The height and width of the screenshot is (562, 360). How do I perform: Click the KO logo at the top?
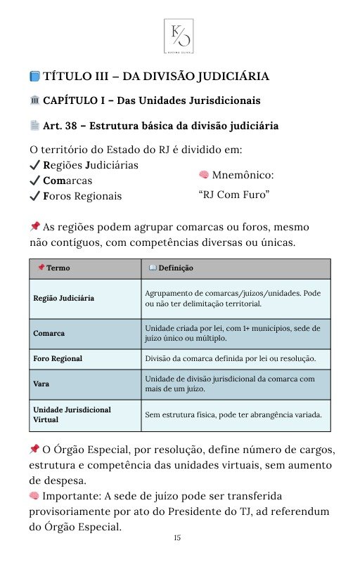[x=179, y=35]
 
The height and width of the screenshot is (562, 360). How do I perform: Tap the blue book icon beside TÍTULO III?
[x=35, y=77]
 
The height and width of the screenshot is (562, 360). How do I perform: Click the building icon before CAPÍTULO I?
[x=35, y=101]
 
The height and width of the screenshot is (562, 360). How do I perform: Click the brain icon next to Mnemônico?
[x=204, y=174]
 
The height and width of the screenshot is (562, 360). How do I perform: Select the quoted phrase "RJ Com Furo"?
[x=235, y=194]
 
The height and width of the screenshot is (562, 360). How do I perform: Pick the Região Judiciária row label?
[x=64, y=299]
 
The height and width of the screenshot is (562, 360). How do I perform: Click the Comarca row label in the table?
[x=49, y=333]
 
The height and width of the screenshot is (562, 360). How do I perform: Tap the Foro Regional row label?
[x=58, y=358]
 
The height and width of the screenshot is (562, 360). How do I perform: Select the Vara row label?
[x=41, y=384]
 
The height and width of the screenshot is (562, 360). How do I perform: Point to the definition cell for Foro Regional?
[x=230, y=358]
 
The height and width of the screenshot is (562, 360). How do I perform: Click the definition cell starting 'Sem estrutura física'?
[x=233, y=414]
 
